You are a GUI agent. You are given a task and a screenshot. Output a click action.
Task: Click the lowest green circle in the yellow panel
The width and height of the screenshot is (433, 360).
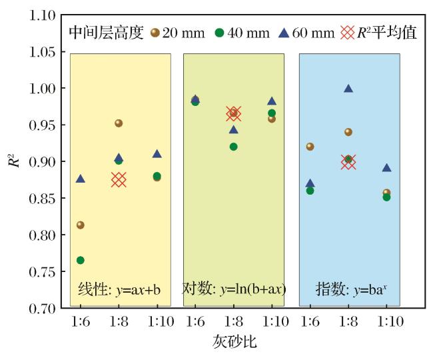coord(81,260)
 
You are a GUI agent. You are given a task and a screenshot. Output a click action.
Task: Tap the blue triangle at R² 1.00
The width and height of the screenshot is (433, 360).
coord(348,89)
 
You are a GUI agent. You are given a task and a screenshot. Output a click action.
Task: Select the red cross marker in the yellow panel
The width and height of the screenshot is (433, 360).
coord(119,179)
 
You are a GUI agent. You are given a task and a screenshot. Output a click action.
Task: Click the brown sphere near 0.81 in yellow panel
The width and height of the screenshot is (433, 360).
coord(81,225)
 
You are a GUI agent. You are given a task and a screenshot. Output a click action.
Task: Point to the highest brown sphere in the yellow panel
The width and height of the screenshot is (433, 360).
coord(119,123)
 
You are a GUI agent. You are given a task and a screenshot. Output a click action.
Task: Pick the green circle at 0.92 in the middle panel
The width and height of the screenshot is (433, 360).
coord(234,147)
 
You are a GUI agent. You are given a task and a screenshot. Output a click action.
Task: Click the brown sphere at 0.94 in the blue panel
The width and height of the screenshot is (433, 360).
coord(348,132)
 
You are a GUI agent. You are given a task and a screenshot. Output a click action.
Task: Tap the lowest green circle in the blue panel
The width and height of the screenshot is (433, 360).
coord(386,197)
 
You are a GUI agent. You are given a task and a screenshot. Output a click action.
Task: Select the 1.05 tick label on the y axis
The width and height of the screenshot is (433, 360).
coord(42,52)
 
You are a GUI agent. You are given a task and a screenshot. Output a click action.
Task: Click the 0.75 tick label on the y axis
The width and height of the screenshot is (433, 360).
coord(42,272)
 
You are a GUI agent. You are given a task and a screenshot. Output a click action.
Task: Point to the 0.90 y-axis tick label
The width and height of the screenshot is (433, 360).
coord(42,161)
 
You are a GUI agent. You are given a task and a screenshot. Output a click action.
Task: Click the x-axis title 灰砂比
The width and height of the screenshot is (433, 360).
coord(234,342)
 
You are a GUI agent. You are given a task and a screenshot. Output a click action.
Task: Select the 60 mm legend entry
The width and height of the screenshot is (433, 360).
coord(307,33)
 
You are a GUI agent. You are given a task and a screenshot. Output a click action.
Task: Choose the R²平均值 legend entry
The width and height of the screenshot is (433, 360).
coord(378,33)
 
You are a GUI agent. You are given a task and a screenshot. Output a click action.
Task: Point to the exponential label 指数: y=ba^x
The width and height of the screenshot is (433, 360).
coord(351,289)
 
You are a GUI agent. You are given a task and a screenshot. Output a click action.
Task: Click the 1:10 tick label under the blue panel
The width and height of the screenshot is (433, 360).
coord(390,321)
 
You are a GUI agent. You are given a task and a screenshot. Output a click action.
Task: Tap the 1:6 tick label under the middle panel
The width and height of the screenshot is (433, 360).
coord(195,321)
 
